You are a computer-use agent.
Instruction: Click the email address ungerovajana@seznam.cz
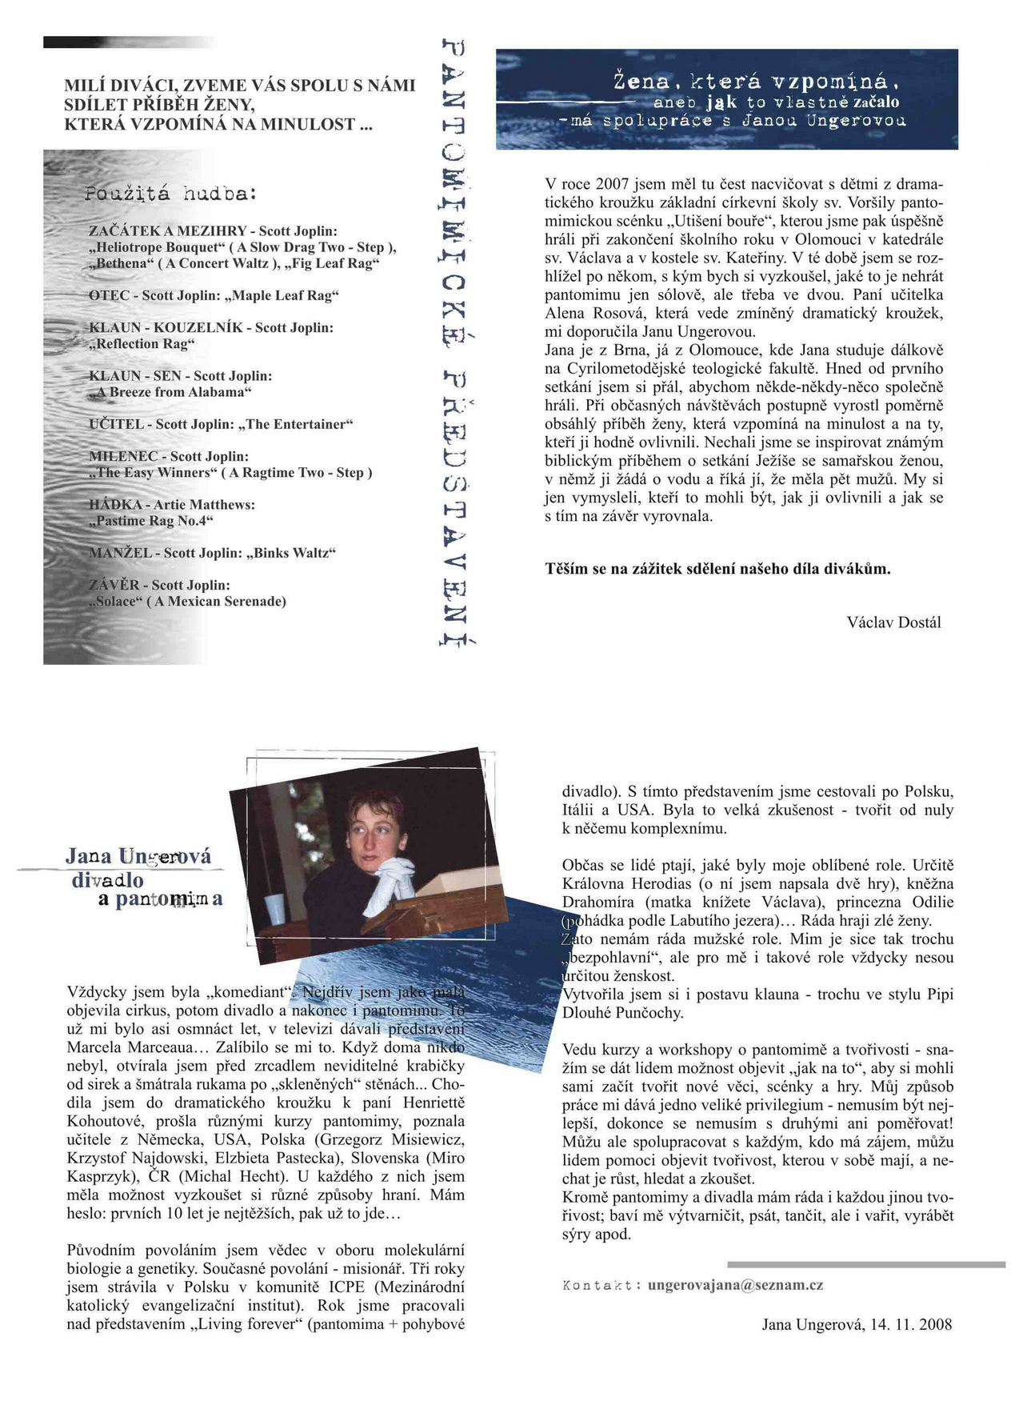tap(735, 1285)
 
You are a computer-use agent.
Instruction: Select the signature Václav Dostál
tap(893, 622)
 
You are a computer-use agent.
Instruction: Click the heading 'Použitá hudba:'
tap(170, 194)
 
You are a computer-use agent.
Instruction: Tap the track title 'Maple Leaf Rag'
tap(285, 295)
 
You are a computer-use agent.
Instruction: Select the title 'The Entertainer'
tap(299, 424)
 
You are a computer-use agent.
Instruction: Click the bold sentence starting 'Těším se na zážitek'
tap(717, 569)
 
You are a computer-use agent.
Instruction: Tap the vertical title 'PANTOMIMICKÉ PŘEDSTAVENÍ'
tap(454, 344)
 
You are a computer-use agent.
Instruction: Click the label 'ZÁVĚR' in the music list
tap(113, 585)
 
